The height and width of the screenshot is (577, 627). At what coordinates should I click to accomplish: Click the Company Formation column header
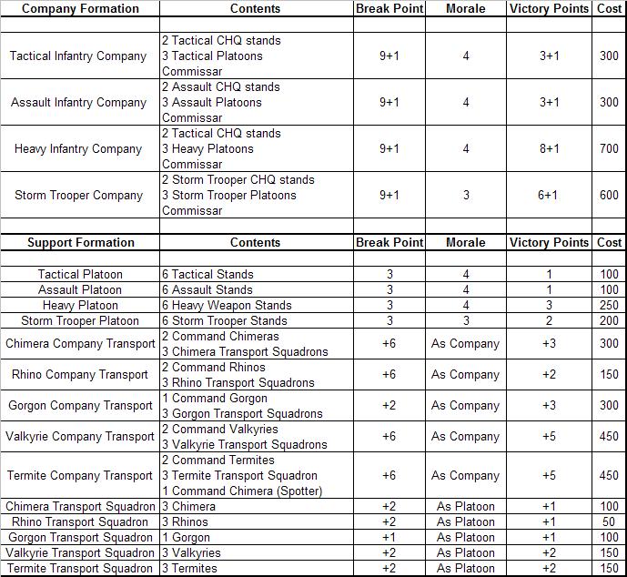(x=80, y=9)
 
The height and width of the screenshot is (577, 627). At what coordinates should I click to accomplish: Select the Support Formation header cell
(x=80, y=243)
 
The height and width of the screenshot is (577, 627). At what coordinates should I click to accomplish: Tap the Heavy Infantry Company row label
(x=78, y=149)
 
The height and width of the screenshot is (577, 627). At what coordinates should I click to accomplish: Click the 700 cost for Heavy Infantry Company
(x=609, y=149)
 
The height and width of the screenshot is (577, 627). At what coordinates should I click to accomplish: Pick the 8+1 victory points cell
(x=549, y=149)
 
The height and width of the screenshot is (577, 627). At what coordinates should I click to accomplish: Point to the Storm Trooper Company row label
(x=78, y=196)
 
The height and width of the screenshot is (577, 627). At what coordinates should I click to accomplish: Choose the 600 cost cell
(x=609, y=196)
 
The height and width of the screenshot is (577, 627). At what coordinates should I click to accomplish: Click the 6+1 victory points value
(x=549, y=196)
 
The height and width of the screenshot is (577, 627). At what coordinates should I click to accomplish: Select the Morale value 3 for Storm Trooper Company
(x=466, y=196)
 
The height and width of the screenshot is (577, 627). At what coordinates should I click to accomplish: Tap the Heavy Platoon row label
(x=80, y=306)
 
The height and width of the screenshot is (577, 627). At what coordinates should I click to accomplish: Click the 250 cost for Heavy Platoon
(x=609, y=306)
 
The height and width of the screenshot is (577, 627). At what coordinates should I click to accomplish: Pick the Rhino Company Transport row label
(x=80, y=375)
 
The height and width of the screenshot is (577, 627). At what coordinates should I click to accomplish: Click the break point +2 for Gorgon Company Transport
(x=389, y=406)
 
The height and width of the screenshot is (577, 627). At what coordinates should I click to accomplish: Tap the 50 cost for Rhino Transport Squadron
(x=610, y=522)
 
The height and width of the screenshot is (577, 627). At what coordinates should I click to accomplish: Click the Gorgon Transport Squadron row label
(x=80, y=538)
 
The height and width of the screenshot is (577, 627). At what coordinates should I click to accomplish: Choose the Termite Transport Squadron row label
(x=80, y=569)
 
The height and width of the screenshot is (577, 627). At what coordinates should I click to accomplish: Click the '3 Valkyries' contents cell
(x=190, y=553)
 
